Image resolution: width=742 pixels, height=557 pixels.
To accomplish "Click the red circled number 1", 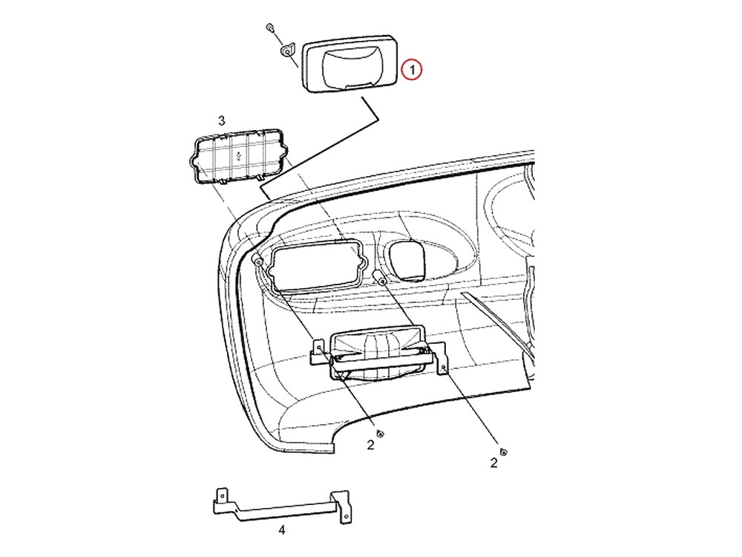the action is click(412, 70).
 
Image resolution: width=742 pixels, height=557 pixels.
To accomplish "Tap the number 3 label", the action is click(221, 121).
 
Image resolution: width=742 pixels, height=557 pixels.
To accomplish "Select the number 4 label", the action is click(281, 530).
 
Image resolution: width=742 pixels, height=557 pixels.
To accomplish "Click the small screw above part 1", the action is click(270, 26).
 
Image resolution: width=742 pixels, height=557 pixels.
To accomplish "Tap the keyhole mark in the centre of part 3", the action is click(238, 154).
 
